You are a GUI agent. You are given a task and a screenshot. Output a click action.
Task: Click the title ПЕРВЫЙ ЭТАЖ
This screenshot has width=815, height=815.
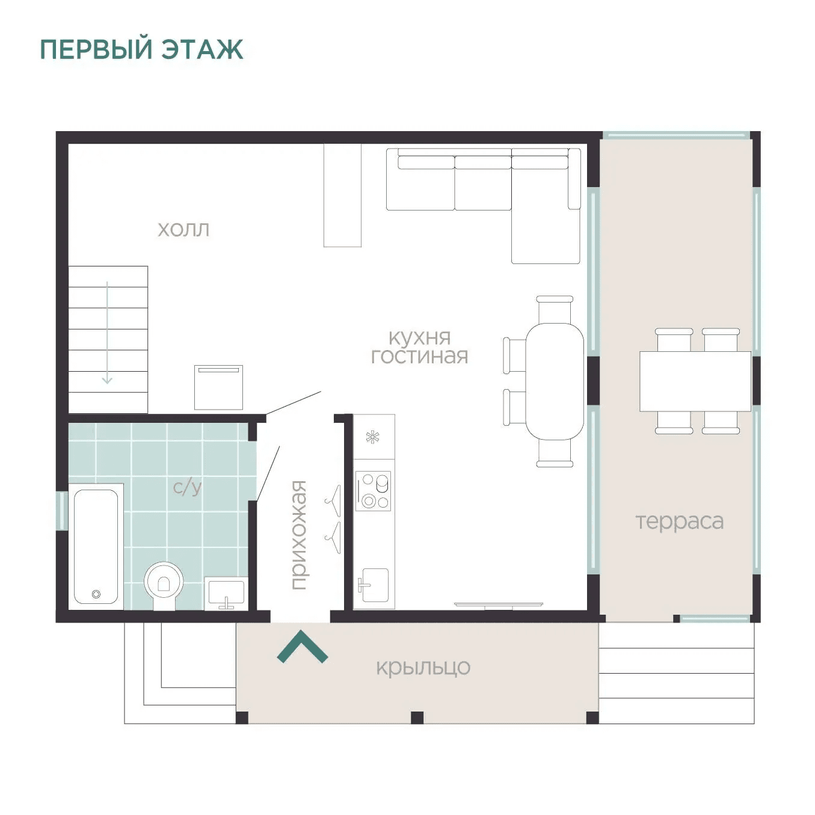[x=142, y=49]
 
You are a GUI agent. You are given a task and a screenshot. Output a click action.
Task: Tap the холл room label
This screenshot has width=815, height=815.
[x=183, y=230]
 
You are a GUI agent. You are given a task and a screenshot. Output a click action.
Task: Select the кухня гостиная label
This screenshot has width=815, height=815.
[x=419, y=347]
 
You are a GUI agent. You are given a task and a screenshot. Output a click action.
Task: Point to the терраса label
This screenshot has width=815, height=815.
[x=679, y=522]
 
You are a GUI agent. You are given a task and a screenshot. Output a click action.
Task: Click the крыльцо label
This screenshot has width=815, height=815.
[x=423, y=668]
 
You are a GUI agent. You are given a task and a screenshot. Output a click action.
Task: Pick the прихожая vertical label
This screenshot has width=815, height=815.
[x=299, y=535]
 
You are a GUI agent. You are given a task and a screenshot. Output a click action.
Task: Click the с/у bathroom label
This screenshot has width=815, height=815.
[x=188, y=488]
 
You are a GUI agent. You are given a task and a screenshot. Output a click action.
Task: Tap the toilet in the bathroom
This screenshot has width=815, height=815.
[x=164, y=585]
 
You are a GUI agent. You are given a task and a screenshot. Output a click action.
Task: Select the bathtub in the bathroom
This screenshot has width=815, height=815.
[x=96, y=546]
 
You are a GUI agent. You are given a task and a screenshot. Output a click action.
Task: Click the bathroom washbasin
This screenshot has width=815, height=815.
[x=226, y=594]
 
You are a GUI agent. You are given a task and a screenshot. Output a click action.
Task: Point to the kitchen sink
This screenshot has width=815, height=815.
[x=374, y=585]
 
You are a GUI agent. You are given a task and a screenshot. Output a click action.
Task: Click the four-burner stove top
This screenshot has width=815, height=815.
[x=373, y=491]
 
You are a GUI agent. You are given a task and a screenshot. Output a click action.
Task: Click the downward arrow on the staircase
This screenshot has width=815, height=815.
[x=107, y=333]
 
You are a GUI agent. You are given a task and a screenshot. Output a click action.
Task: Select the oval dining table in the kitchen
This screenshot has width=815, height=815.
[x=555, y=381]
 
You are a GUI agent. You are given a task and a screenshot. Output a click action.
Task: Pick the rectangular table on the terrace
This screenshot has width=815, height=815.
[x=695, y=381]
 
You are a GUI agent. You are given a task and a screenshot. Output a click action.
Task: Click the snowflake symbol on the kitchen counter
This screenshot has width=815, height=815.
[x=372, y=437]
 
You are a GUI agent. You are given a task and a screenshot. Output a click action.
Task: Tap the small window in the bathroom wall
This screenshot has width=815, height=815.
[x=62, y=511]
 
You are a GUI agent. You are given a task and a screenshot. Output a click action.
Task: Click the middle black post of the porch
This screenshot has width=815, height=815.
[x=417, y=718]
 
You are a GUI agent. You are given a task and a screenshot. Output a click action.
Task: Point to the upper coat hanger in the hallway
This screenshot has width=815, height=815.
[x=333, y=501]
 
